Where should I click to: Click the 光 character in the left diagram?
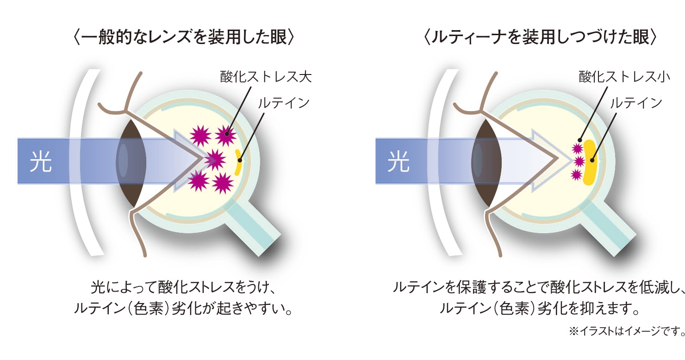(40, 162)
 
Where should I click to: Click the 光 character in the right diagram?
(399, 162)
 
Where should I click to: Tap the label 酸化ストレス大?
(265, 76)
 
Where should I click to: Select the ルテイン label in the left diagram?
(284, 102)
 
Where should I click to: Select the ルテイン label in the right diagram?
(636, 102)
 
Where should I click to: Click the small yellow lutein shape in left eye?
(238, 162)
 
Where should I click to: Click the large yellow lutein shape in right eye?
(590, 162)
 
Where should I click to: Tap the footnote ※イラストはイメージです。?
(626, 331)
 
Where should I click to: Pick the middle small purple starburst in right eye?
(577, 161)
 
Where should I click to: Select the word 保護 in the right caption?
(474, 287)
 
